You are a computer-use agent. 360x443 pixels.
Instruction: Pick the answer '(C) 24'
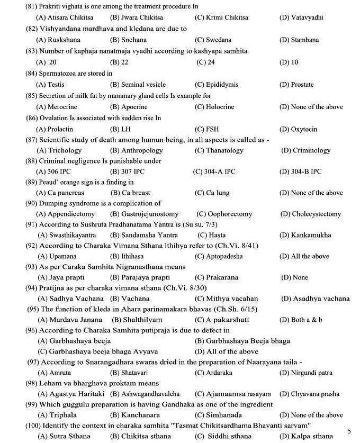click(x=205, y=62)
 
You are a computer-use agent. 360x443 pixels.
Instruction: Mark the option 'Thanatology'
click(x=219, y=150)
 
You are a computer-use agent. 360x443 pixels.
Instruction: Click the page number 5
click(x=349, y=431)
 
